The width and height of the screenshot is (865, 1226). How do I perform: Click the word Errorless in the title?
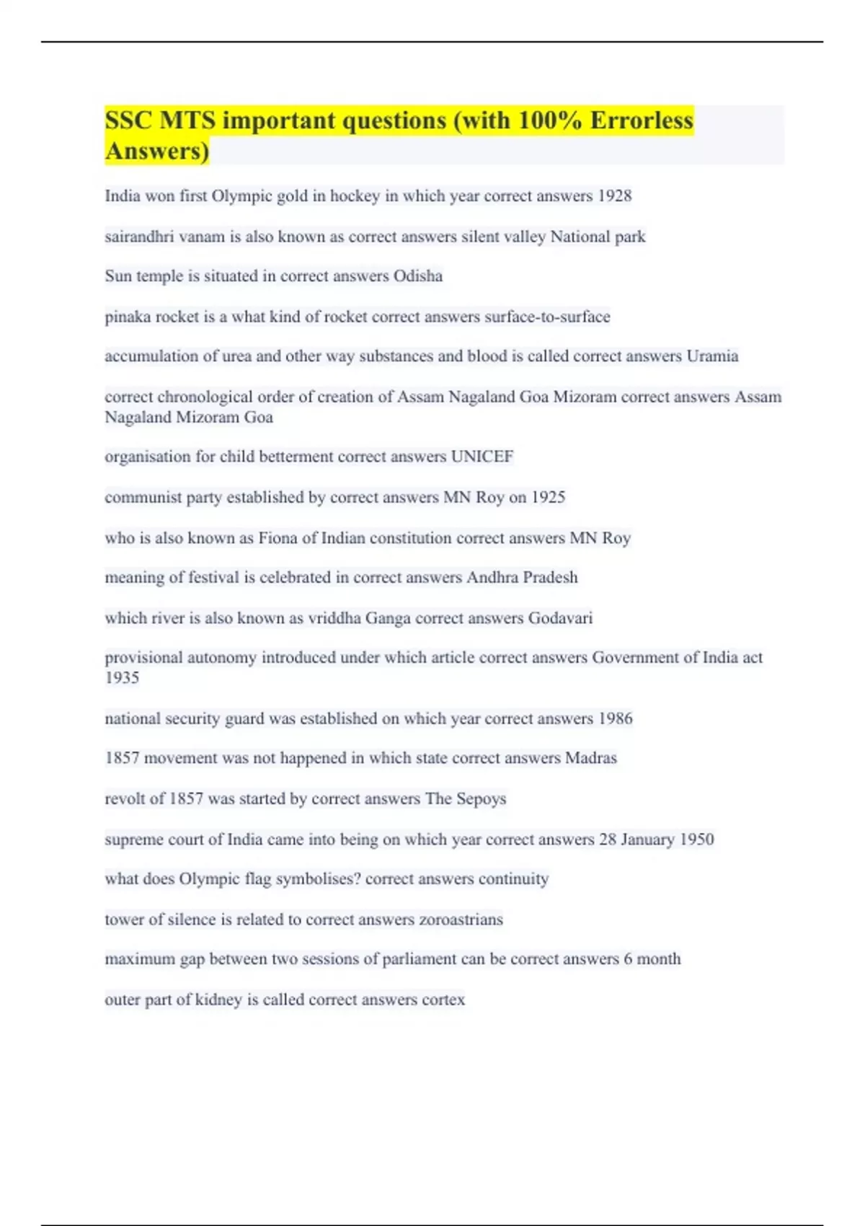click(x=642, y=120)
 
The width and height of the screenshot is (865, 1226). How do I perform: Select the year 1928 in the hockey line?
click(x=614, y=196)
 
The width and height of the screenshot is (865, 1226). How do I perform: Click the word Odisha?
click(x=418, y=276)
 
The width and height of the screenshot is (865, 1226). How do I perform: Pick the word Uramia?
click(x=712, y=356)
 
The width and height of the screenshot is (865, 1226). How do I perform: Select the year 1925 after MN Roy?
click(x=548, y=497)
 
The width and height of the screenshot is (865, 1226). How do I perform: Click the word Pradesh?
click(x=550, y=578)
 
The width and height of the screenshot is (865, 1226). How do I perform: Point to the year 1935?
click(x=122, y=678)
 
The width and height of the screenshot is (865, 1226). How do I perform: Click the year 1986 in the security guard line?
click(x=615, y=718)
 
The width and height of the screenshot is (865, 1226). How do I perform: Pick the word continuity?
click(x=513, y=879)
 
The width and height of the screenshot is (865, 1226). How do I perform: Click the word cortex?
click(x=443, y=1000)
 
